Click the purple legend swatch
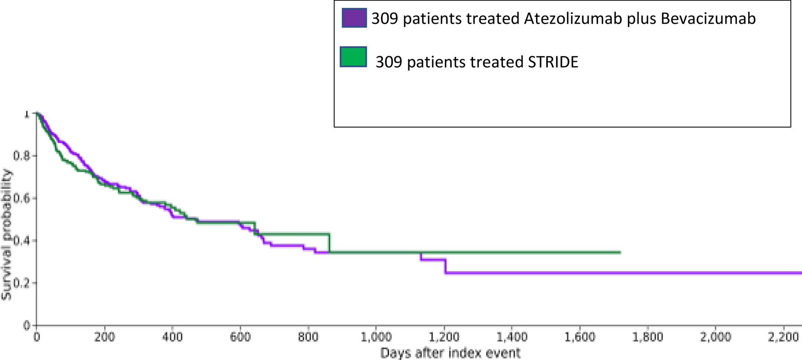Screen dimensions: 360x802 pyautogui.click(x=354, y=19)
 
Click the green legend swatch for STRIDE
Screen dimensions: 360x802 pyautogui.click(x=353, y=57)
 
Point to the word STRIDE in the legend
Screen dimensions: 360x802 pyautogui.click(x=553, y=62)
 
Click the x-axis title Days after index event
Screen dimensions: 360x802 pyautogui.click(x=450, y=353)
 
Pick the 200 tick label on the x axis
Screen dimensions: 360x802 pyautogui.click(x=104, y=337)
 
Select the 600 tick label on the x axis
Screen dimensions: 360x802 pyautogui.click(x=240, y=337)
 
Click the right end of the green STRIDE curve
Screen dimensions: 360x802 pyautogui.click(x=620, y=252)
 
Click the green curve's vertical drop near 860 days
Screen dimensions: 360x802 pyautogui.click(x=329, y=243)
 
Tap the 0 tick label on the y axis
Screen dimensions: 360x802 pyautogui.click(x=27, y=325)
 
